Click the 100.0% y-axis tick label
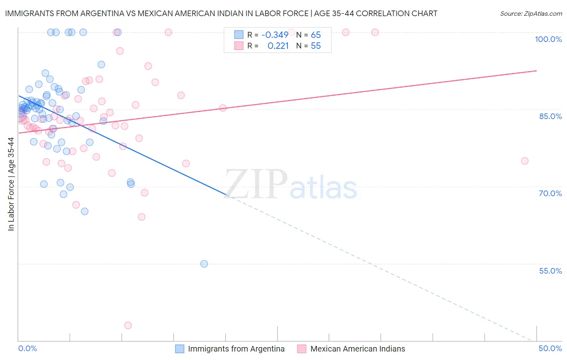click(x=548, y=39)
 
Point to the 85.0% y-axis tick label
click(x=550, y=116)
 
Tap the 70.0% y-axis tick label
click(x=550, y=193)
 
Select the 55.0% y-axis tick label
click(x=550, y=271)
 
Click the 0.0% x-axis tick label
click(x=27, y=348)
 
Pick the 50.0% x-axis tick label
click(x=550, y=348)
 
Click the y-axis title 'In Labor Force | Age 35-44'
click(x=11, y=184)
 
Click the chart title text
click(x=221, y=14)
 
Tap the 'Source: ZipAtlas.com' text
click(x=531, y=14)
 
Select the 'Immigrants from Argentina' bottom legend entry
click(x=236, y=349)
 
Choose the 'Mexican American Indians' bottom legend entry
click(x=357, y=349)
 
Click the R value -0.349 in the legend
click(x=275, y=35)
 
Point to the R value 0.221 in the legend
click(x=278, y=46)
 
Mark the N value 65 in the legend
click(x=316, y=35)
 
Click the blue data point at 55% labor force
click(x=204, y=264)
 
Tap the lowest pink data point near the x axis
click(x=128, y=325)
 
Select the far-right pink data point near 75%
click(x=525, y=161)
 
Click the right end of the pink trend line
click(x=536, y=71)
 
